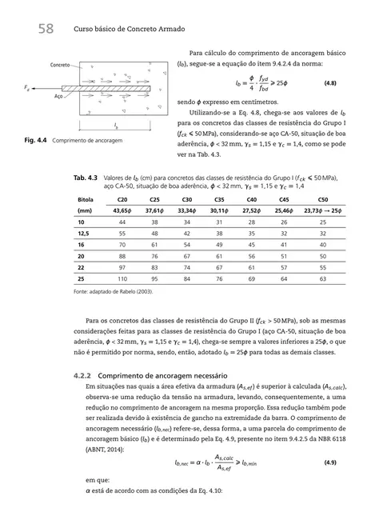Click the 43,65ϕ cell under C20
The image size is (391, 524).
[x=122, y=209]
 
